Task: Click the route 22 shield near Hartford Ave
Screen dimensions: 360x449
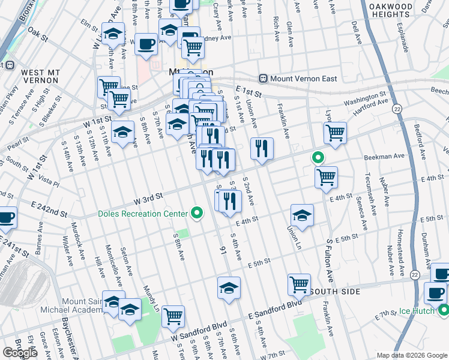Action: [397, 109]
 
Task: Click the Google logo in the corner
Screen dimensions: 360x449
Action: [20, 353]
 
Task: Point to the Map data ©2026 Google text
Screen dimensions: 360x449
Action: [412, 355]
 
